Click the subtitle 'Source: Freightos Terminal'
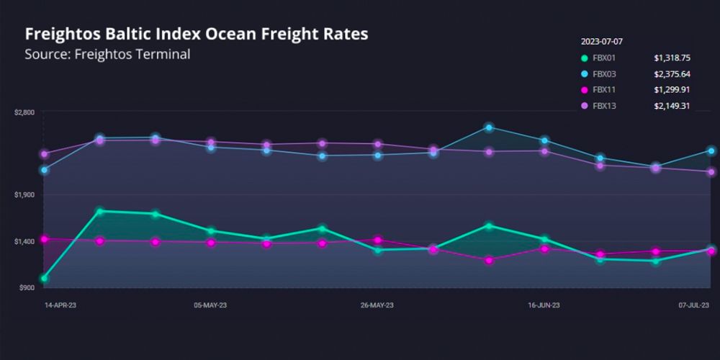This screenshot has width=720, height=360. [x=107, y=55]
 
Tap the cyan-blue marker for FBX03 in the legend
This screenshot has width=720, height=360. [x=584, y=74]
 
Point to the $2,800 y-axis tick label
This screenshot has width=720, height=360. [x=24, y=113]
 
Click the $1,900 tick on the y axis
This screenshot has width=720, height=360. [x=24, y=194]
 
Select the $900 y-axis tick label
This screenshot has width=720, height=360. [x=26, y=287]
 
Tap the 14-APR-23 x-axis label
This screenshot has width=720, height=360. [x=60, y=305]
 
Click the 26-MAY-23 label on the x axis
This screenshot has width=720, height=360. [x=377, y=305]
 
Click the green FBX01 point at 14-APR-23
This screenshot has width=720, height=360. [x=45, y=278]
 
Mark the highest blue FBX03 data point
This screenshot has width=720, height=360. [x=489, y=127]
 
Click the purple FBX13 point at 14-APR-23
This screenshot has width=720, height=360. [x=45, y=154]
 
